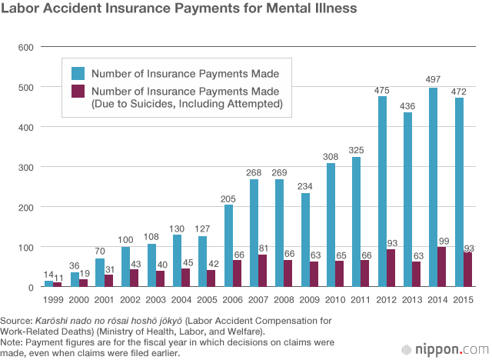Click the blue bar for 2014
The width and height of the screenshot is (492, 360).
433,188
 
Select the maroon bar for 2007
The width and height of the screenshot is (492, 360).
263,271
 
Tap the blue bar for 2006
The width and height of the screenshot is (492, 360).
229,245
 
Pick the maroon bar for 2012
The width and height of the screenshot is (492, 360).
391,268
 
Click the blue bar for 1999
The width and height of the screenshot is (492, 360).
49,284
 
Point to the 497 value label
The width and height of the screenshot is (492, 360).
433,79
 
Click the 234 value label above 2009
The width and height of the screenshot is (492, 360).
305,186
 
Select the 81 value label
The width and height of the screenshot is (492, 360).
263,248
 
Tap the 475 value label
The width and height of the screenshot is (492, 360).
382,91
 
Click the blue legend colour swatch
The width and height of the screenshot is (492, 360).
78,73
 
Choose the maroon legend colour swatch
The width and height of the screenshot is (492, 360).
78,92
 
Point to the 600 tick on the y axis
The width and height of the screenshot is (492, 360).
25,48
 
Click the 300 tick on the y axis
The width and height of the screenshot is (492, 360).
25,168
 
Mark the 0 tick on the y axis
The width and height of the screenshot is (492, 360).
31,288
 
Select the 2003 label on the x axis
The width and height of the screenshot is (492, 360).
155,300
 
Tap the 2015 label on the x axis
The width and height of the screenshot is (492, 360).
463,300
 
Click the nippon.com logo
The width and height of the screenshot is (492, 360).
446,349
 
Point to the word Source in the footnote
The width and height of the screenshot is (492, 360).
16,321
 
